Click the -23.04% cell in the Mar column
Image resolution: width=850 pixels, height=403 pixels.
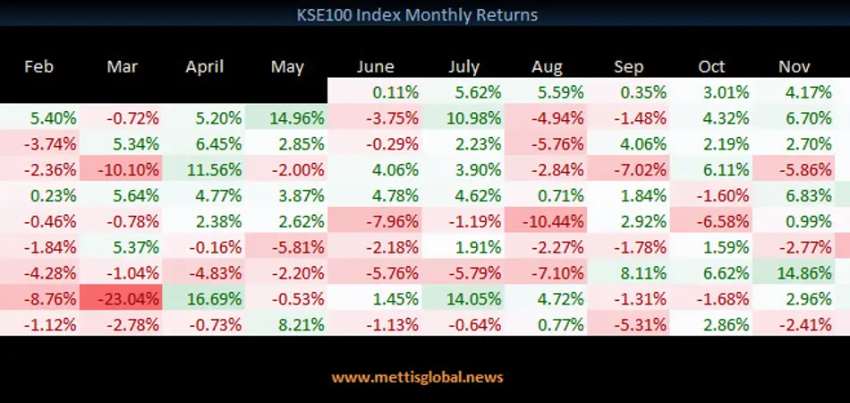[x=122, y=299]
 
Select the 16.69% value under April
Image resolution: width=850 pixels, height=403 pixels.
[x=204, y=299]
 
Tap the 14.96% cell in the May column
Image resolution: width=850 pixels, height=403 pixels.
[x=286, y=117]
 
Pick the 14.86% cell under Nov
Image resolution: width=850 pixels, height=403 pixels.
[x=793, y=273]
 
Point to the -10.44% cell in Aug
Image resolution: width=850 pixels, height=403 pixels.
[x=546, y=221]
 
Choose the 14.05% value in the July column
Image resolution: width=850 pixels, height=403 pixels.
[x=463, y=299]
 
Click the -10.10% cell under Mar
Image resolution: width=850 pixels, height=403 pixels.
[x=122, y=170]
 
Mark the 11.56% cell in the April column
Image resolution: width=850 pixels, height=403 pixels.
[x=204, y=170]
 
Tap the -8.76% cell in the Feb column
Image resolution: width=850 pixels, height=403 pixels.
[x=40, y=299]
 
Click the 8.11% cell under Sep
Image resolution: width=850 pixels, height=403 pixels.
[x=628, y=273]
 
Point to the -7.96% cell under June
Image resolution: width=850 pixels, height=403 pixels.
[x=375, y=221]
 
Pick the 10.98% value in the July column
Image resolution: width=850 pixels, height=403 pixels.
[x=463, y=117]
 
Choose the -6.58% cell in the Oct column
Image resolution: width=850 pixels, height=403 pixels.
[x=710, y=221]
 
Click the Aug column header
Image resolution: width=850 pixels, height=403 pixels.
[x=547, y=67]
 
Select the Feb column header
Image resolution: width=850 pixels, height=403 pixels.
[x=39, y=66]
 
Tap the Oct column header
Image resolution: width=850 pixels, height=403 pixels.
[x=711, y=66]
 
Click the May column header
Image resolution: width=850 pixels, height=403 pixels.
[x=287, y=67]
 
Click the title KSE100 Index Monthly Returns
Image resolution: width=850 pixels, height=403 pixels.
[x=417, y=14]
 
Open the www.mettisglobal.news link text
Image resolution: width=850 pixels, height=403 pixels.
[x=418, y=377]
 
